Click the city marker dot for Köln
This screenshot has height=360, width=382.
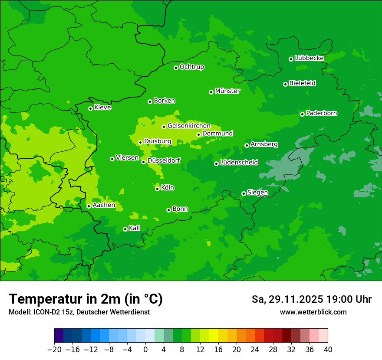click(x=157, y=189)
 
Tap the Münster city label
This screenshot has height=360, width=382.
click(x=227, y=91)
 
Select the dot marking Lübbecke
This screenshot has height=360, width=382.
click(x=291, y=59)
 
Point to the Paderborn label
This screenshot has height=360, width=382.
click(x=321, y=113)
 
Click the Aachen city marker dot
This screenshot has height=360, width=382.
click(x=89, y=206)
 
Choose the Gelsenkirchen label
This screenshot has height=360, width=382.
click(x=189, y=126)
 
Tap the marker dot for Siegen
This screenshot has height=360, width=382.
click(x=244, y=193)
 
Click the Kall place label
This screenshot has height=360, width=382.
click(x=135, y=228)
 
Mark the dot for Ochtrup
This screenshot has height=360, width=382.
click(x=176, y=68)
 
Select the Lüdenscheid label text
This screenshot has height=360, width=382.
click(x=239, y=163)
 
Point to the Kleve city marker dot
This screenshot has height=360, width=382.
click(x=90, y=108)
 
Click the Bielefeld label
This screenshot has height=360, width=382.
click(x=302, y=83)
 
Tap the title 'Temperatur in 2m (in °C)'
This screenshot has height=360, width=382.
click(x=86, y=299)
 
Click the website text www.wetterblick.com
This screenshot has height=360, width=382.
click(x=313, y=312)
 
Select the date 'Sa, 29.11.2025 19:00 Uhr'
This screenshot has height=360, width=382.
click(x=311, y=299)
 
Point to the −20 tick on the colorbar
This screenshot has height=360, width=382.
click(x=55, y=350)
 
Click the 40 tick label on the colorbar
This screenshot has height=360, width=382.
click(x=328, y=350)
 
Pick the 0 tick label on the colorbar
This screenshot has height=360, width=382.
click(x=145, y=350)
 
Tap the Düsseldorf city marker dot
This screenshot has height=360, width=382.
click(x=143, y=162)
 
